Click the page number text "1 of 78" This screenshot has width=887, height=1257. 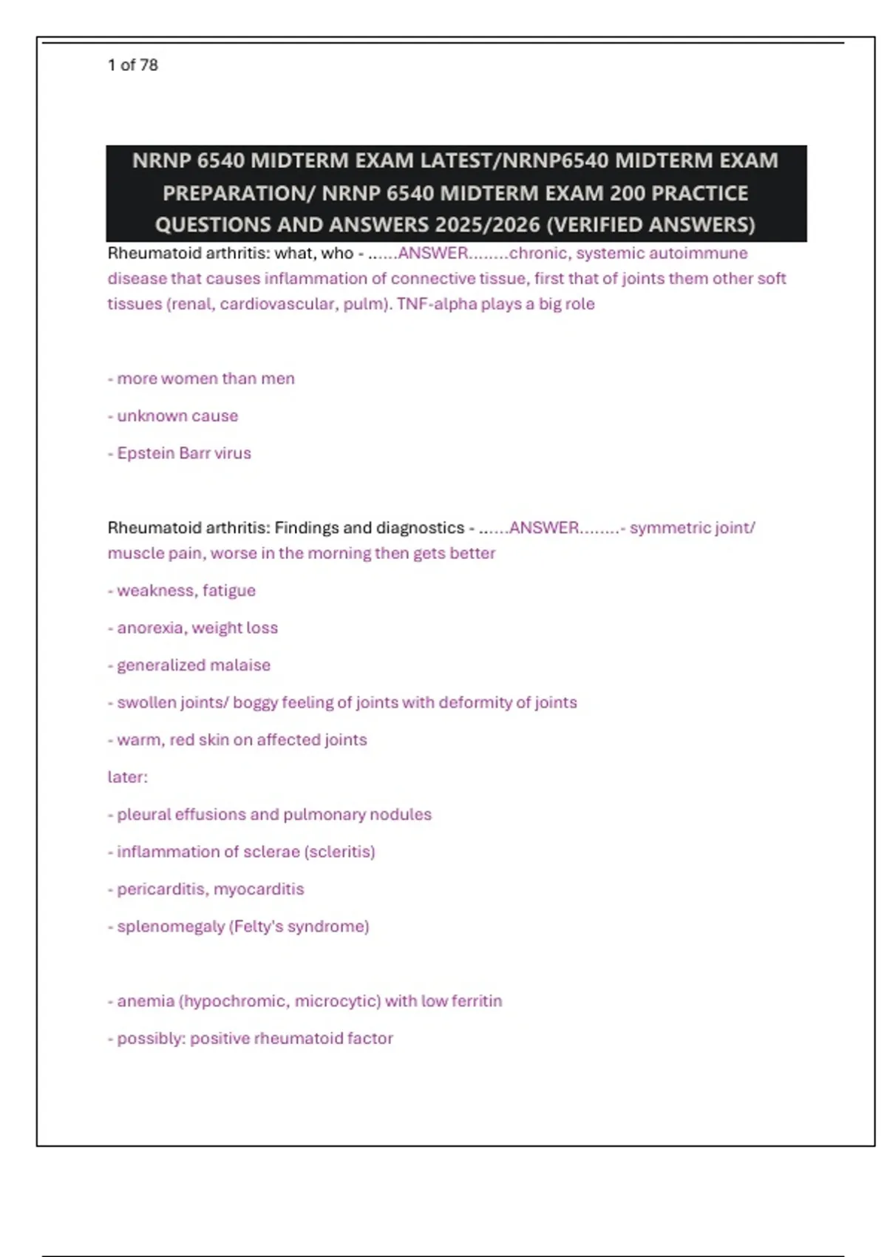click(x=132, y=65)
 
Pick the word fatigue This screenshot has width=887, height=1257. click(x=229, y=591)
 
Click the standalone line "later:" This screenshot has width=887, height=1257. click(x=128, y=777)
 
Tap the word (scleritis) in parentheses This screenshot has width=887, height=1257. click(x=339, y=852)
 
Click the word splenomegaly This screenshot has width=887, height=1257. click(x=171, y=926)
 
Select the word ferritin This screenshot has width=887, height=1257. click(x=475, y=1001)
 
